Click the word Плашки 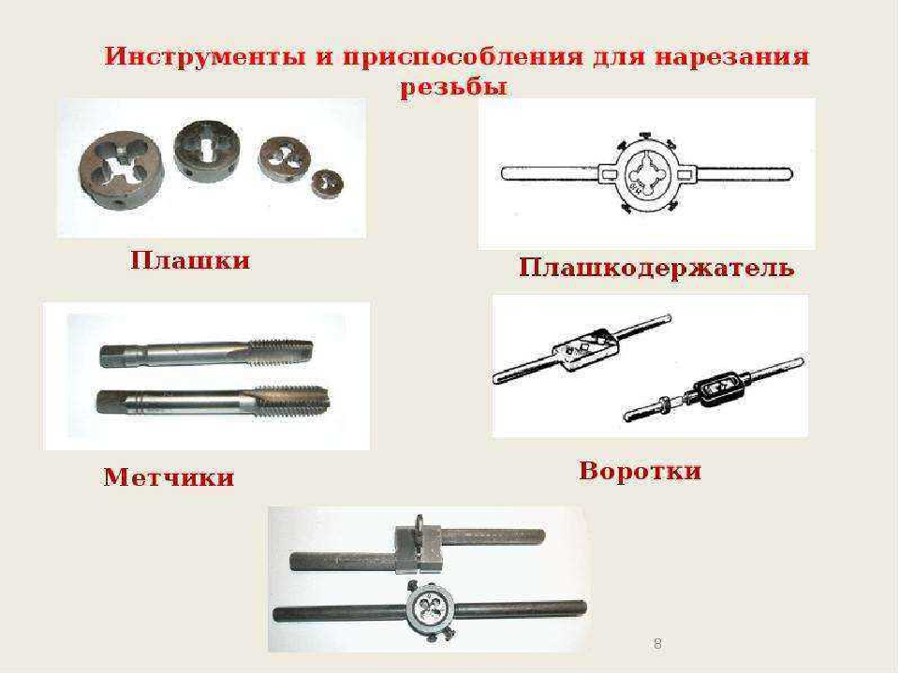190,260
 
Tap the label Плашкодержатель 656,268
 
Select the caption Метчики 169,476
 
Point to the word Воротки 640,471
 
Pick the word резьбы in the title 453,87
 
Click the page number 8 657,644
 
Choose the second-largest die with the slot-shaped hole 206,150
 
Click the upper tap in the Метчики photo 206,353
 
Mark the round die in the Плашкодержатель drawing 647,174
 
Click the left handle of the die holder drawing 551,173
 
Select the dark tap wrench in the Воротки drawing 714,391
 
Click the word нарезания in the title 731,57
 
